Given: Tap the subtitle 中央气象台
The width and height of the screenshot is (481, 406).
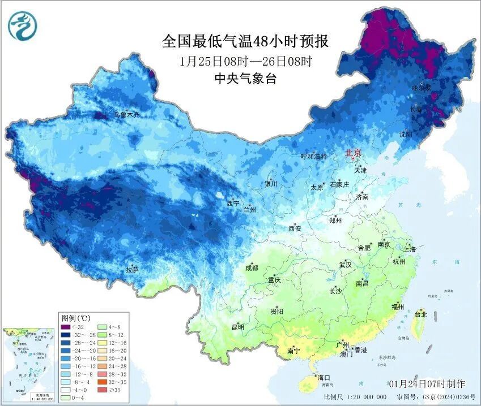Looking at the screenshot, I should [x=246, y=79].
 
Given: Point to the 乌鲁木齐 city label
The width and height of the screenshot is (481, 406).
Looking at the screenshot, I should [x=126, y=115].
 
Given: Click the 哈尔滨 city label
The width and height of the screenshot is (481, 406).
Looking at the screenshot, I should [x=422, y=88].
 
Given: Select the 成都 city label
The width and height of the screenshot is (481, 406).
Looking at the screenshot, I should [x=252, y=267].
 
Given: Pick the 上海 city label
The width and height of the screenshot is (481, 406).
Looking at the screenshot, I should [x=410, y=249].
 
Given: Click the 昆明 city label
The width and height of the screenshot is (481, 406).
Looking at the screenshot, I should [x=237, y=327].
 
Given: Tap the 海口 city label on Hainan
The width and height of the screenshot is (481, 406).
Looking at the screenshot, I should [x=323, y=377].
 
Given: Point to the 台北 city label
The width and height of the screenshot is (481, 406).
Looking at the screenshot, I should [x=421, y=313].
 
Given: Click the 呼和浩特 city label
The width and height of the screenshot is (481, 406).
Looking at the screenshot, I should [x=313, y=156].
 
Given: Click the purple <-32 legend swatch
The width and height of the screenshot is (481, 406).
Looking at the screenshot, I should [x=66, y=327].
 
